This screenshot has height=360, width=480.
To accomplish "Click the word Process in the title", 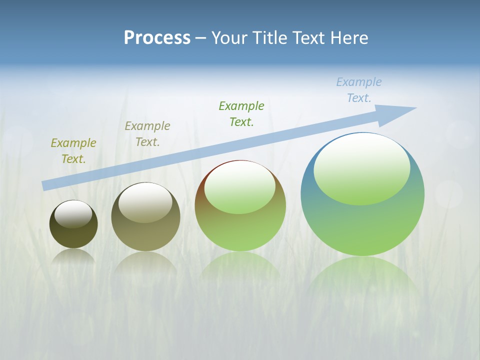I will coord(157,38).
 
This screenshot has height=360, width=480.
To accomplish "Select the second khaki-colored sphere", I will coord(145,235).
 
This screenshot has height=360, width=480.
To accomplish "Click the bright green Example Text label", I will coord(241,113).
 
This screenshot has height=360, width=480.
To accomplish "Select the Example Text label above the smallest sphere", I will coord(73,151).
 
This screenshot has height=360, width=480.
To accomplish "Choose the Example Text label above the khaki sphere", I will coord(147,134).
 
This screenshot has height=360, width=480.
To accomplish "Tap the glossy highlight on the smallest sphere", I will coord(73,214).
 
